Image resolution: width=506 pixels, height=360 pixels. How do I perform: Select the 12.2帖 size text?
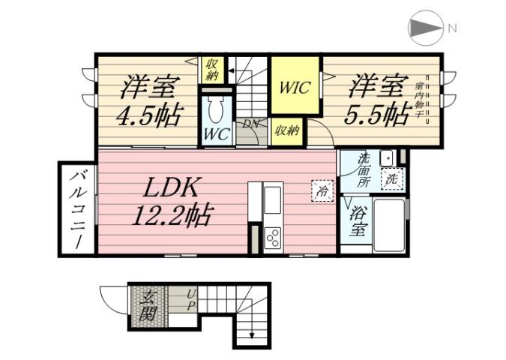point(173,215)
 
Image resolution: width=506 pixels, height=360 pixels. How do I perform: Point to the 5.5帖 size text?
point(376,114)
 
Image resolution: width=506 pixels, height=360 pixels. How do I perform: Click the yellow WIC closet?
point(295,87)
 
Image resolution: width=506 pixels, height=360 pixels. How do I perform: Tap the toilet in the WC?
point(216,111)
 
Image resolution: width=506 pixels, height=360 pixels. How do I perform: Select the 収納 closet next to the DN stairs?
point(286,130)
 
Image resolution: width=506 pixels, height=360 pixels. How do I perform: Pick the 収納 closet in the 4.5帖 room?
point(211,70)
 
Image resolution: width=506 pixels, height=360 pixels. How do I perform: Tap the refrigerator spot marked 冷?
point(321,191)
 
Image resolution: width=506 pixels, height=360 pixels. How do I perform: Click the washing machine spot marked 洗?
point(391,180)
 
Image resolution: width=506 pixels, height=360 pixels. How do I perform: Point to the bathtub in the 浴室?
point(388,220)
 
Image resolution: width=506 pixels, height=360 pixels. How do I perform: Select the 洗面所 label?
point(363,169)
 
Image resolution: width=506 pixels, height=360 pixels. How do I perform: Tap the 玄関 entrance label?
point(148,304)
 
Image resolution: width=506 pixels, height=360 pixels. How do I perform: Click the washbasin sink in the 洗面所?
point(387,158)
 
